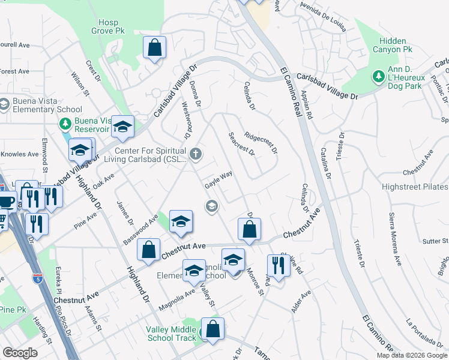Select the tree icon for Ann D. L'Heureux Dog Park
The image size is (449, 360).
(378, 76)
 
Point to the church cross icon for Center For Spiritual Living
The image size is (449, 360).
(195, 155)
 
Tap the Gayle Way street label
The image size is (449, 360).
(218, 178)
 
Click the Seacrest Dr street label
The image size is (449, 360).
(242, 144)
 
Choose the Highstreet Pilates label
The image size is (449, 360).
(415, 187)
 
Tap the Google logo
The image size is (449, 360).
(20, 352)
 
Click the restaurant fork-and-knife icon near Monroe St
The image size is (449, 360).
(278, 265)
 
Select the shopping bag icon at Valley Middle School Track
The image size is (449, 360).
(212, 329)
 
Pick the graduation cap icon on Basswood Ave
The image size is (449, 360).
(180, 221)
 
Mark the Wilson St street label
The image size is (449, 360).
(80, 85)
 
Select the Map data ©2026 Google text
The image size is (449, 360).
(411, 355)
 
